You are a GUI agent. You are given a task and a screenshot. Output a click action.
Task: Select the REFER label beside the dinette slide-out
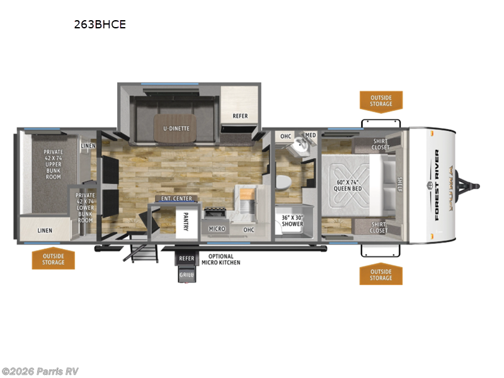240,116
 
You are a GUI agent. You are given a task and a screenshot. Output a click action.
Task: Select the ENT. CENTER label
176,199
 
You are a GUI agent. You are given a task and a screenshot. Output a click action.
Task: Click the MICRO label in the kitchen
217,229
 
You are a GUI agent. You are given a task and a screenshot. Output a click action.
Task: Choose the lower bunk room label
85,206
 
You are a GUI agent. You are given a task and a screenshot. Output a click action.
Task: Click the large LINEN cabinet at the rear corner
45,231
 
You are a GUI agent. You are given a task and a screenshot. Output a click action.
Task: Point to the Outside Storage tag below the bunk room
54,258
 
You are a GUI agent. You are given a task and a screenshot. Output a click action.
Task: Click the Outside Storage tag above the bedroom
381,101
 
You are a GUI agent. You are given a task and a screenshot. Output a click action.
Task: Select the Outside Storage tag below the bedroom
381,274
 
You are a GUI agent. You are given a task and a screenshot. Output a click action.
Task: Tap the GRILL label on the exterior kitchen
186,275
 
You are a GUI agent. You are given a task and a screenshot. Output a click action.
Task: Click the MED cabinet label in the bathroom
310,135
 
